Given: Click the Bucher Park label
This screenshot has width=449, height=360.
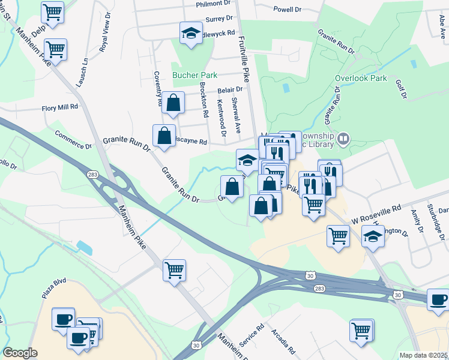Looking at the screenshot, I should (194, 76).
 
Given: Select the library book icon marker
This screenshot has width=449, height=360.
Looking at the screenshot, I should (343, 138).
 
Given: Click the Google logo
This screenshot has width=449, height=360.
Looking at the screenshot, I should (20, 352).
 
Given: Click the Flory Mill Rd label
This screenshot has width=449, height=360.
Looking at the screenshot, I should (60, 107).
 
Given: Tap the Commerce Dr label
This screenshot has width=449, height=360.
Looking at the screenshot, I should (73, 140).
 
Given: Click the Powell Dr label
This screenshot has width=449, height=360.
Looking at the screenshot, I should (287, 10).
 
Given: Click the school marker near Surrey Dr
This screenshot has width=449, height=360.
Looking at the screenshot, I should (191, 33).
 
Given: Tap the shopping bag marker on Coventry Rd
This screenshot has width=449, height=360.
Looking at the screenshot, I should (173, 103).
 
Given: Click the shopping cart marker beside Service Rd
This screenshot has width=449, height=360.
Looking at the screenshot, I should (361, 330).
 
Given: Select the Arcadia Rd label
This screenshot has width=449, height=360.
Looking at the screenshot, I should (283, 341).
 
